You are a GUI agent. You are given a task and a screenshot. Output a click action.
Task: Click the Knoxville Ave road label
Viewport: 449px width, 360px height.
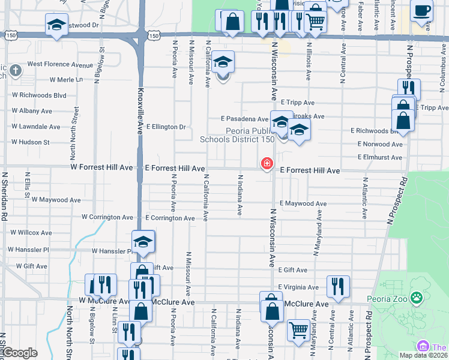142,112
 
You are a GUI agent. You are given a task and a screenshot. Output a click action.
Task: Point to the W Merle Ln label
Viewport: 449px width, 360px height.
66,79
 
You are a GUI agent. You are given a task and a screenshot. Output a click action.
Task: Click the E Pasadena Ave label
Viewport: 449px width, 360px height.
244,119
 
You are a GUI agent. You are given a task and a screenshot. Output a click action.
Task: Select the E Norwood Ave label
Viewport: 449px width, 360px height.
380,145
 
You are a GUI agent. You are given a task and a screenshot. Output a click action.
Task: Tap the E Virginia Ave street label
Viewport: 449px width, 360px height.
298,287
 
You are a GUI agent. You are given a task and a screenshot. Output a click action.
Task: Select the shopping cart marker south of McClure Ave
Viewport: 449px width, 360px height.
298,329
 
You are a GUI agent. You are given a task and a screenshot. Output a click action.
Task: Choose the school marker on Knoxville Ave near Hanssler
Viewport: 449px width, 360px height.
143,242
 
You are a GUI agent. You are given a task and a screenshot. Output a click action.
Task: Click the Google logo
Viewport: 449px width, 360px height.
20,353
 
